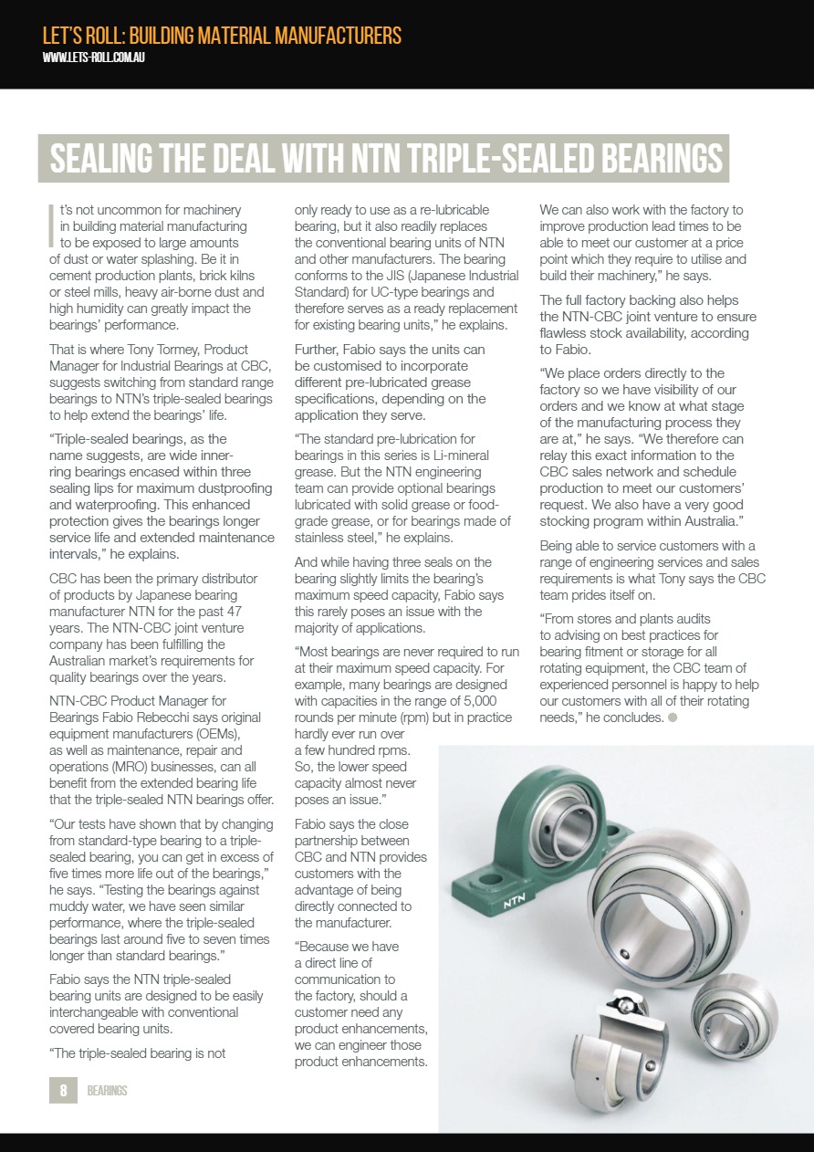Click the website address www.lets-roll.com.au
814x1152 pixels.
point(94,58)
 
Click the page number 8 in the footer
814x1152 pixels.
point(63,1090)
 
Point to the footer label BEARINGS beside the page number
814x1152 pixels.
point(107,1091)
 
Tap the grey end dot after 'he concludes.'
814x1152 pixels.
point(673,717)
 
